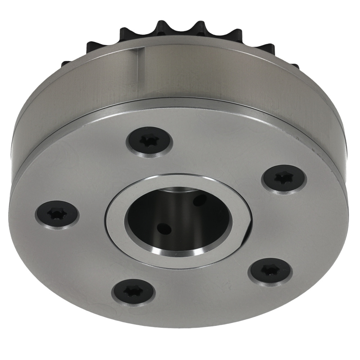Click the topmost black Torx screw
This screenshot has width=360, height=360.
point(149,142)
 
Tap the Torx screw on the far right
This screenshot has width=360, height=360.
point(284,179)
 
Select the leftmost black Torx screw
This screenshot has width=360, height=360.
point(57,214)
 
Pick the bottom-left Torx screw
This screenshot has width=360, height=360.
point(134,291)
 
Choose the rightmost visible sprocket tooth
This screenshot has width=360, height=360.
point(294,67)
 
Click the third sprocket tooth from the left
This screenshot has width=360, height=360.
point(128,34)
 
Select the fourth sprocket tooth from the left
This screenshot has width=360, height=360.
point(164,27)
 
